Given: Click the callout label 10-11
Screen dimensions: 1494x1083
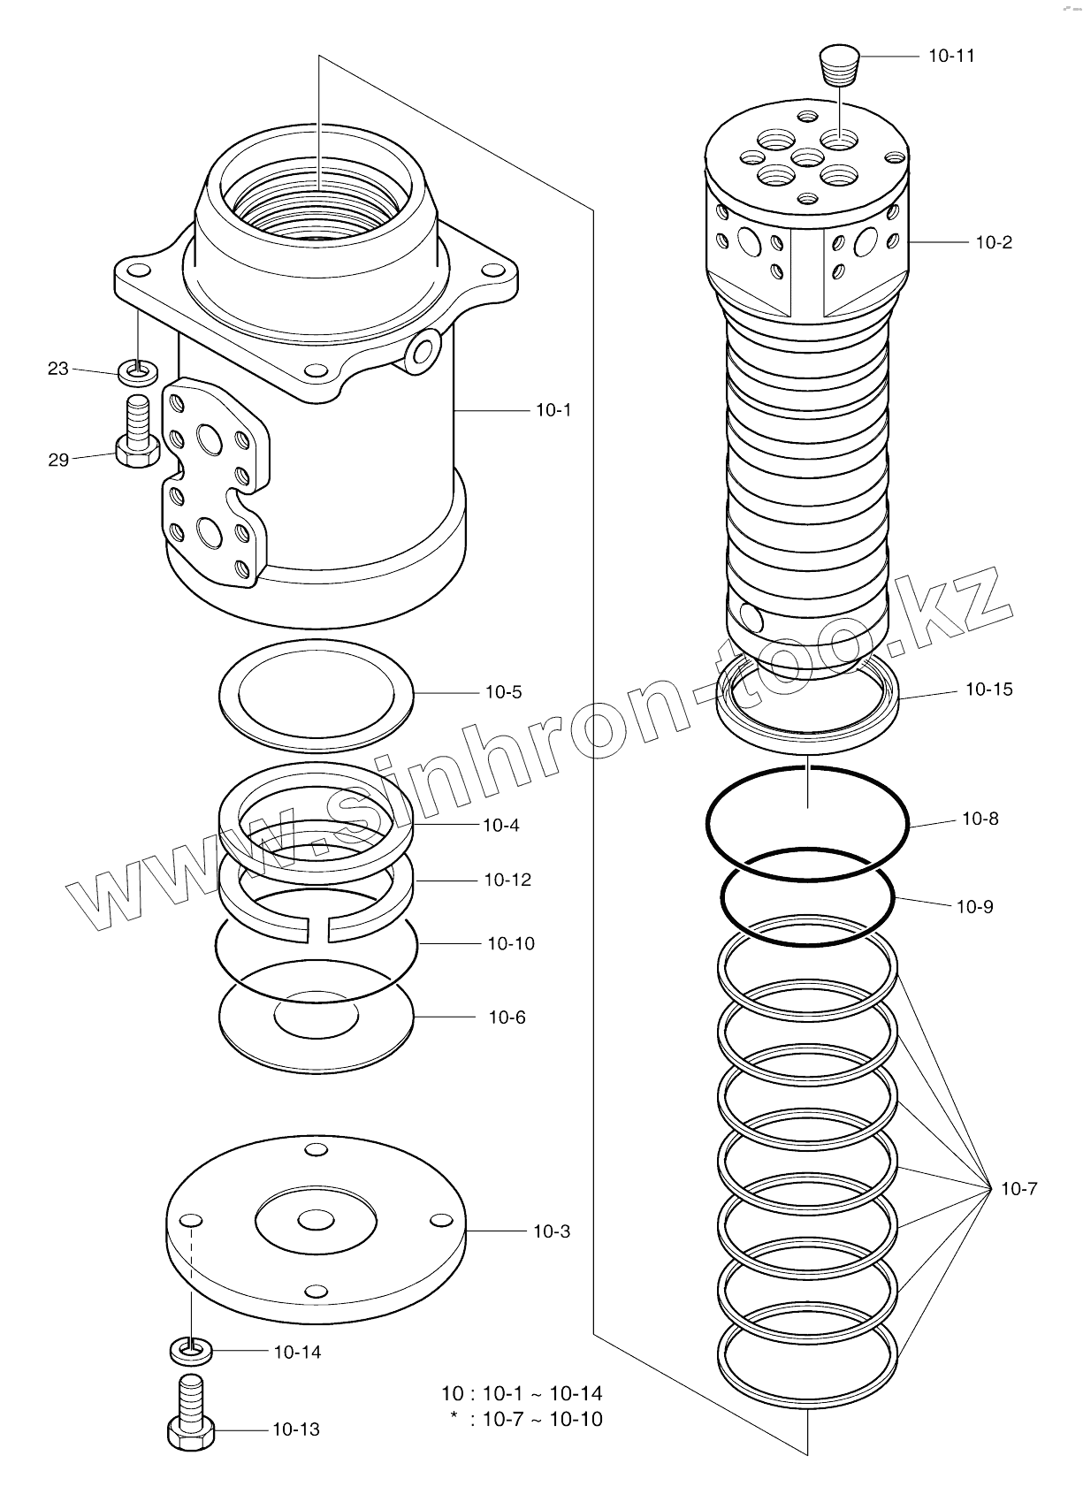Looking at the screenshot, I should (951, 56).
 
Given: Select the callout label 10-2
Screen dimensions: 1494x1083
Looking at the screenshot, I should (994, 242).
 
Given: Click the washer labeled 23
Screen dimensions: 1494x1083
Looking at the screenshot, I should (139, 372).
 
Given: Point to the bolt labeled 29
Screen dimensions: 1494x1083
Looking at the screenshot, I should (138, 434).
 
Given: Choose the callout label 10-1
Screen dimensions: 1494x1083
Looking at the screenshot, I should (553, 410).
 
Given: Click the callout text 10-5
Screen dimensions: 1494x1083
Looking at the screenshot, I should (503, 692).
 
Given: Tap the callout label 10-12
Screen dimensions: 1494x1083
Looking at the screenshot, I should (507, 880).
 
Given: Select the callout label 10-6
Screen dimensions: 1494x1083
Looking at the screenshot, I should (507, 1018).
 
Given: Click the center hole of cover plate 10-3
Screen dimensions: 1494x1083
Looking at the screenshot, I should (316, 1221).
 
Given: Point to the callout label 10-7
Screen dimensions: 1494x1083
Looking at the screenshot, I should (1018, 1189).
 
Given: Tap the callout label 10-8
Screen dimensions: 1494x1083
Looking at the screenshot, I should (980, 819).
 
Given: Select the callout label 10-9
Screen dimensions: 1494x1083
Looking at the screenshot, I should (974, 907).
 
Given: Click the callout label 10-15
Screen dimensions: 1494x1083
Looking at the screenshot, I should (988, 690).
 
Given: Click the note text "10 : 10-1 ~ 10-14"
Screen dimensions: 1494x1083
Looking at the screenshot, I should (522, 1394).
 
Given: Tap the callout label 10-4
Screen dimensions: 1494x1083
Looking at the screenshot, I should (500, 826).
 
